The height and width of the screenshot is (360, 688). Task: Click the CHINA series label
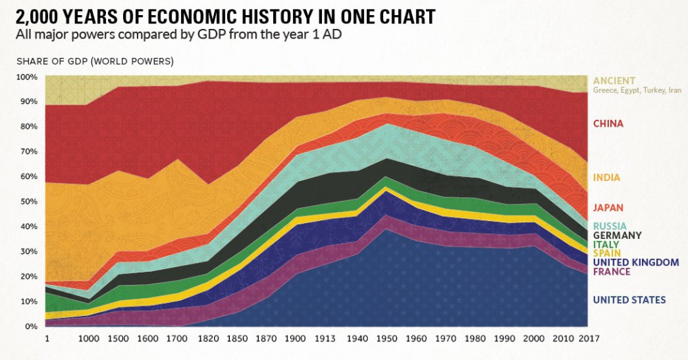[x=608, y=124]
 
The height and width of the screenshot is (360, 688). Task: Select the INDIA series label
[x=606, y=178]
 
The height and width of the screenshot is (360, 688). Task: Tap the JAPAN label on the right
[x=608, y=207]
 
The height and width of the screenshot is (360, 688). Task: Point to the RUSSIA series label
[x=609, y=225]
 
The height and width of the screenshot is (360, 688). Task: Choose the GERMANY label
[x=617, y=235]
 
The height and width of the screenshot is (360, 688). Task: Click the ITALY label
[x=606, y=244]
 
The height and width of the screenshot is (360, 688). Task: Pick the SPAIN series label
[x=607, y=253]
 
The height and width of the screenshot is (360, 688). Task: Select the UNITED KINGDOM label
[x=636, y=262]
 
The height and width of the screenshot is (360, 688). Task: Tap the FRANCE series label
[x=612, y=271]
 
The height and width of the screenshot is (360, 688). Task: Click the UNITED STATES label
[x=629, y=299]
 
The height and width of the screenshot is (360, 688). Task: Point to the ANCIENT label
[x=614, y=81]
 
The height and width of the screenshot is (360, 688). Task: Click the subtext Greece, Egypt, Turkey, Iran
[x=637, y=90]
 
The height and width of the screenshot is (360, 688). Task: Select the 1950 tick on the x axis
[x=389, y=339]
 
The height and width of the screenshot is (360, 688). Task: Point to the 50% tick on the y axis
[x=27, y=202]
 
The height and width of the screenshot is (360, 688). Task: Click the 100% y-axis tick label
[x=25, y=76]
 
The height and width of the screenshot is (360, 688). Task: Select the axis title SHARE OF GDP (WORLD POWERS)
[x=95, y=61]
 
